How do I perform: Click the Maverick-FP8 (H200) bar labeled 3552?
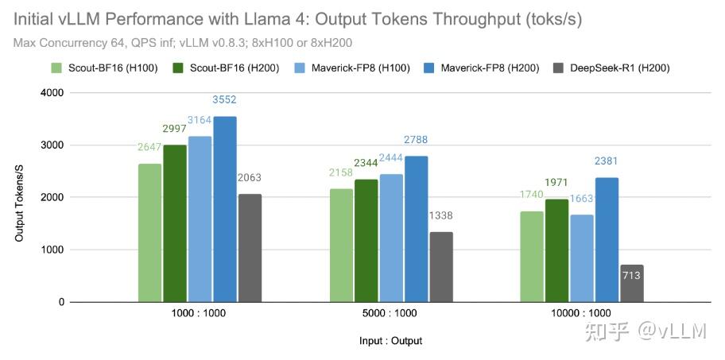click(224, 209)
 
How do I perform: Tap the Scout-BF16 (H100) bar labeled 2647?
click(149, 233)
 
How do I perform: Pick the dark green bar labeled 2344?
click(366, 241)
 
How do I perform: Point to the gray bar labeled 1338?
click(440, 267)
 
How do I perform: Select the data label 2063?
click(249, 178)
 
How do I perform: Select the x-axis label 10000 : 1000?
click(580, 313)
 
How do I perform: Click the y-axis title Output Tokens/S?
click(19, 197)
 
